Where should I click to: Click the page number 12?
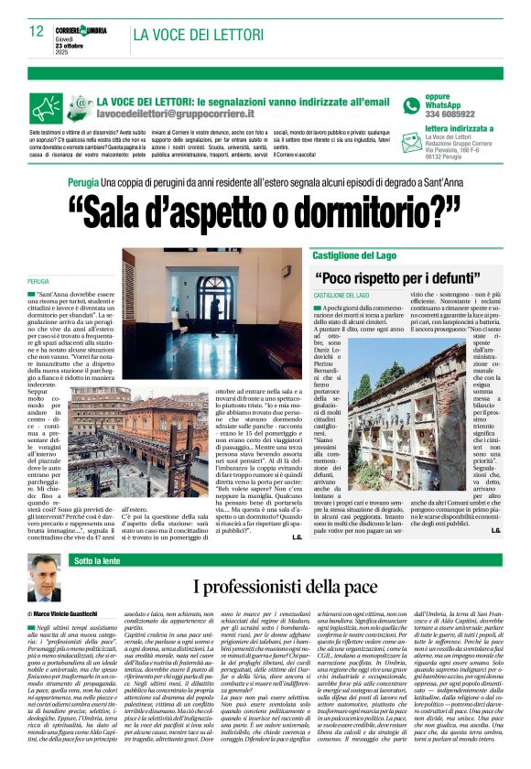37,30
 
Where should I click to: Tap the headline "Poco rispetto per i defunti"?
399,277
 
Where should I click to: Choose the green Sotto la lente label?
98,559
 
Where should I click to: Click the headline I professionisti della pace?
283,586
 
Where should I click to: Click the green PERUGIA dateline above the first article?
38,281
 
